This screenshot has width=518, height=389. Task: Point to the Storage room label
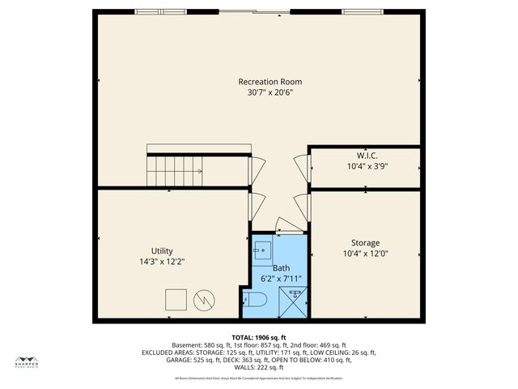pos(365,243)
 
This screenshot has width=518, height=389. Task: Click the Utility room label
pos(162,251)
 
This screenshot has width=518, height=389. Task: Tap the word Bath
pos(281,267)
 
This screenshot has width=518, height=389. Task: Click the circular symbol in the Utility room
pos(206,300)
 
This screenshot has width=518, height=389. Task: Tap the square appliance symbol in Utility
pos(176,300)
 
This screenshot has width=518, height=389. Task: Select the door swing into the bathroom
pos(288,224)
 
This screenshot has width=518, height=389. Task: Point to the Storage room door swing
pos(301,207)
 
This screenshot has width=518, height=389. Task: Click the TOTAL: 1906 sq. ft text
pos(259,336)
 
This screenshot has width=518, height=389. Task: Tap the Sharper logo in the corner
pos(28,361)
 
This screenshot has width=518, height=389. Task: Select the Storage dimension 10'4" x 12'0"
pos(365,254)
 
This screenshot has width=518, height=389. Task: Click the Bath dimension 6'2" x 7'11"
pos(281,279)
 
